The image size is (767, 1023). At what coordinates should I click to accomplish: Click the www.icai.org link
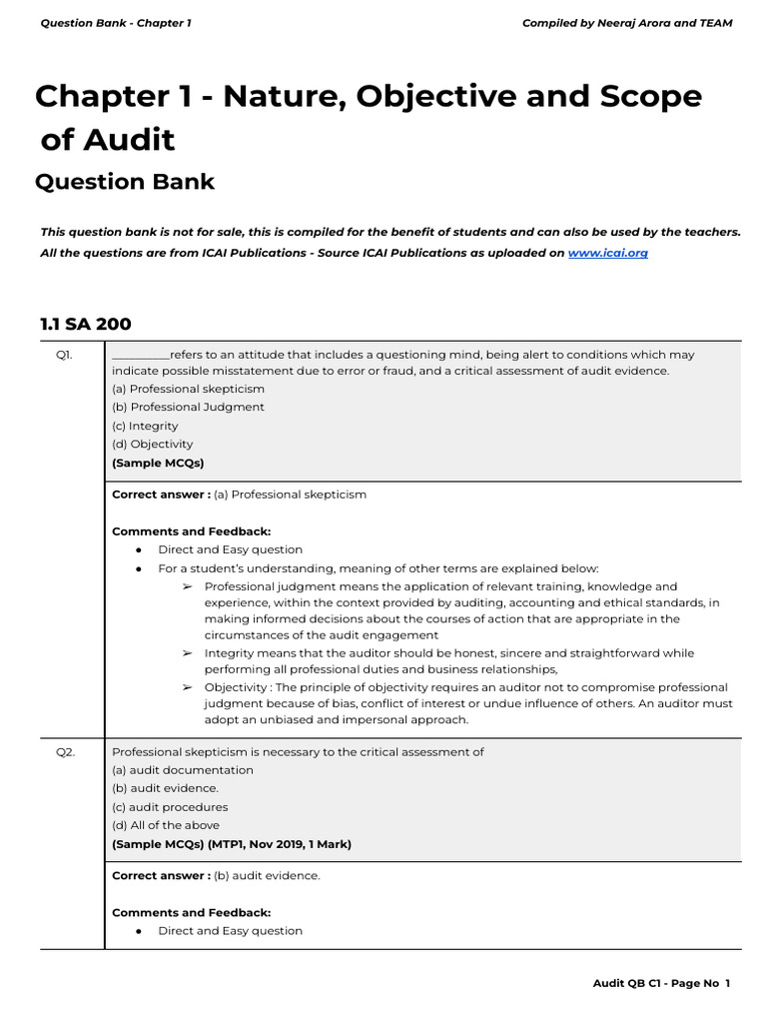click(607, 253)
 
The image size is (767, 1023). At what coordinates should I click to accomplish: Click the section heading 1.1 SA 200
click(85, 324)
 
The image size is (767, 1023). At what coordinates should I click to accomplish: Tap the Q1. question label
click(64, 355)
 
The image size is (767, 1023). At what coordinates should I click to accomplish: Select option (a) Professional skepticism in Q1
click(189, 389)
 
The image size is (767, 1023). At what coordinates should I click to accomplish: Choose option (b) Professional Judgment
click(189, 407)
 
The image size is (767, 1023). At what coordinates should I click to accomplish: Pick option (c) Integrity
click(145, 426)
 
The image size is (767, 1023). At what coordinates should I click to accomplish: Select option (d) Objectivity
click(153, 444)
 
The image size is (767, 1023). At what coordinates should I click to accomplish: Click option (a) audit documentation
click(183, 770)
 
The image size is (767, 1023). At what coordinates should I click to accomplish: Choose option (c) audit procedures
click(170, 807)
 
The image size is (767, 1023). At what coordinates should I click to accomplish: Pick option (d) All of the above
click(166, 825)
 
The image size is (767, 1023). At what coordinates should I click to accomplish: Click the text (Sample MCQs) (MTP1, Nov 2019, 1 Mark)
click(232, 844)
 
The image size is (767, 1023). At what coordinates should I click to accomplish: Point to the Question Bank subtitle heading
click(125, 182)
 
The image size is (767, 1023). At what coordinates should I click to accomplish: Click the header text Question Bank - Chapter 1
click(115, 23)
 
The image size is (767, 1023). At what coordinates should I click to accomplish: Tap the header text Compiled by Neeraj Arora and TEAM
click(626, 23)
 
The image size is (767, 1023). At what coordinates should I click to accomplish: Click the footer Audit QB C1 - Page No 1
click(661, 984)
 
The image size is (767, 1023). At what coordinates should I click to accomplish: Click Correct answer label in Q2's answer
click(161, 875)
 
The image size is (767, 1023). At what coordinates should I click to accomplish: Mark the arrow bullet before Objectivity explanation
click(187, 687)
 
